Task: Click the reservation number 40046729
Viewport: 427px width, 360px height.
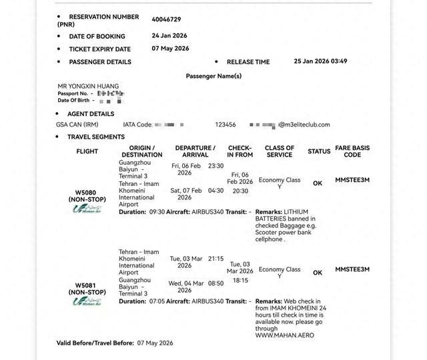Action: tap(166, 20)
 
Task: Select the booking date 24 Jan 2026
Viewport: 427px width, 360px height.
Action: tap(170, 35)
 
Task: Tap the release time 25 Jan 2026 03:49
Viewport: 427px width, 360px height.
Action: tap(320, 61)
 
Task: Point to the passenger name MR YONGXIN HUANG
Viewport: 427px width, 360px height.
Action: tap(88, 87)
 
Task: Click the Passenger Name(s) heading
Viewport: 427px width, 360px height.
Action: tap(213, 76)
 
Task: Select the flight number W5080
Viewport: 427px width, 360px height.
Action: tap(87, 193)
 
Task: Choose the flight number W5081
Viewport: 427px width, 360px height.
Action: tap(87, 285)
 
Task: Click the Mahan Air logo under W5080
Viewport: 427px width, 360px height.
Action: tap(87, 209)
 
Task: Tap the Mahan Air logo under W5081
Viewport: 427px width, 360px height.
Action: tap(87, 301)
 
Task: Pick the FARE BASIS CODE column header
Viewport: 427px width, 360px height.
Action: tap(352, 151)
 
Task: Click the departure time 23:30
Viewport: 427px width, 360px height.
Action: tap(216, 166)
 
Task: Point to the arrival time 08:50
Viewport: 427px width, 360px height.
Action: tap(216, 283)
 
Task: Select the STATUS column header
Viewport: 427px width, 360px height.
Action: tap(319, 151)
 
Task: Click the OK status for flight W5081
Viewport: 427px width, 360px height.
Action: tap(318, 273)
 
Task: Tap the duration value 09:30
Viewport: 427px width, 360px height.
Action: tap(157, 212)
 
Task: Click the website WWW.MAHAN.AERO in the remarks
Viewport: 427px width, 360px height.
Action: tap(284, 335)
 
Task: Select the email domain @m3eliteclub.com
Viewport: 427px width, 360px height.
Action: tap(304, 125)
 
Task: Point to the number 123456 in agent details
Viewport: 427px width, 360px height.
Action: tap(225, 125)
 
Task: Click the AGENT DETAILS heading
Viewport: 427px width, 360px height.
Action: tap(91, 114)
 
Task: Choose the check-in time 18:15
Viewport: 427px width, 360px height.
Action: tap(240, 281)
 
